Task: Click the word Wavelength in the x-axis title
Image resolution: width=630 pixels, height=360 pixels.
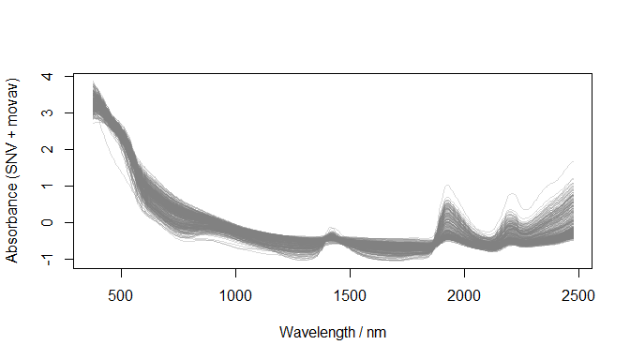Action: tap(314, 333)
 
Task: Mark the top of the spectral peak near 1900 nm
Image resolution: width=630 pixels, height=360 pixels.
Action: tap(447, 186)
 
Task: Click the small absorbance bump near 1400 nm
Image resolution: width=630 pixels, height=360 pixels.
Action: tap(330, 228)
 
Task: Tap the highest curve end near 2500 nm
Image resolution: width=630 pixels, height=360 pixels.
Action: tap(573, 161)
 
